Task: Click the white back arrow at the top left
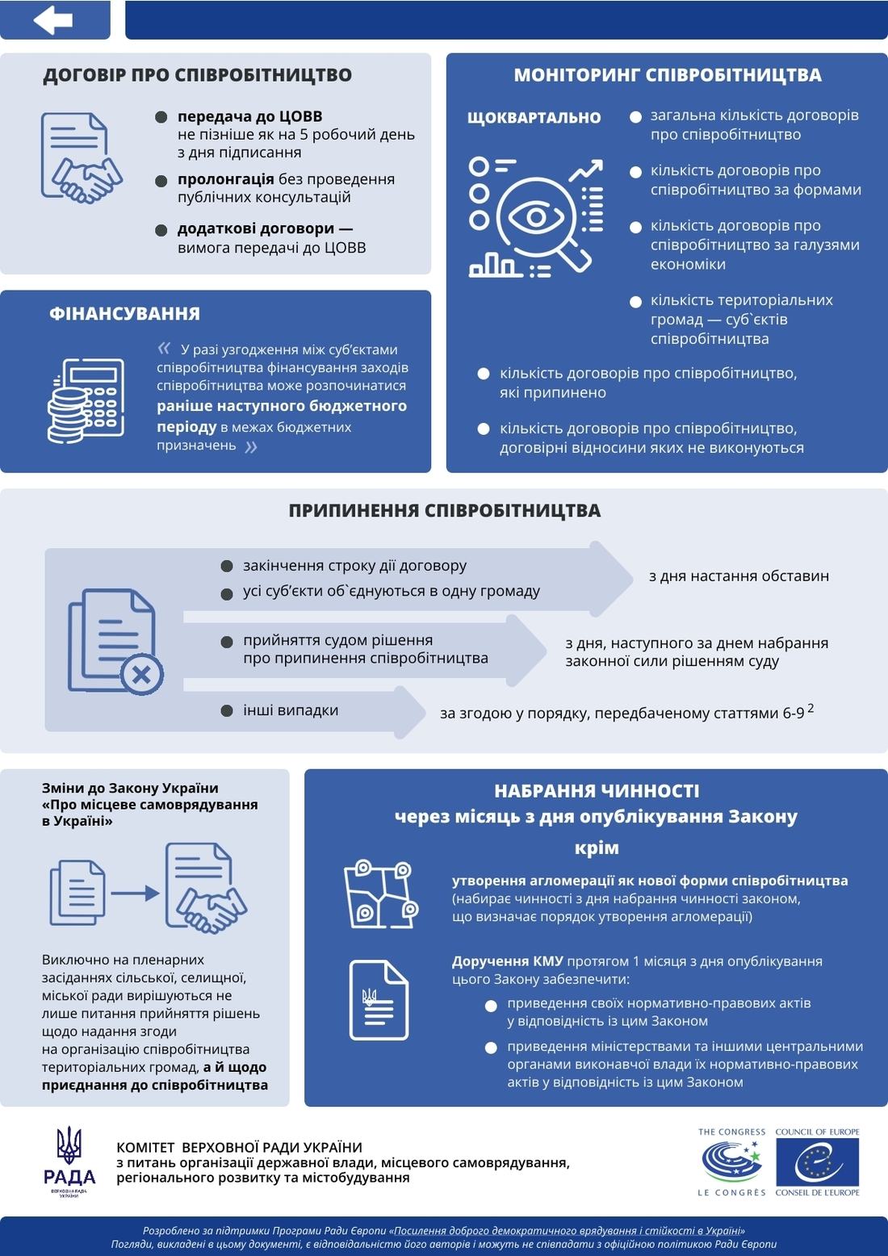click(x=53, y=20)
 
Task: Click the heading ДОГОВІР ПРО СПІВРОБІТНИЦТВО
click(x=197, y=75)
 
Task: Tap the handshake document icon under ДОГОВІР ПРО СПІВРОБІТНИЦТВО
click(x=81, y=158)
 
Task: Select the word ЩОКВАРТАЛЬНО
click(x=534, y=118)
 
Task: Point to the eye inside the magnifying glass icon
click(x=536, y=217)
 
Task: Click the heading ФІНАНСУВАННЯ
click(x=124, y=313)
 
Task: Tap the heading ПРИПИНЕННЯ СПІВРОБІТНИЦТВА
click(x=444, y=511)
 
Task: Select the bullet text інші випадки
click(x=291, y=710)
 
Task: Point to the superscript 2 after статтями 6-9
click(x=811, y=708)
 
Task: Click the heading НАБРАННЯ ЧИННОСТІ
click(x=597, y=791)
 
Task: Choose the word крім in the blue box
click(x=597, y=848)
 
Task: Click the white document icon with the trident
click(x=379, y=999)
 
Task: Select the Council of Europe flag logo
click(x=817, y=1162)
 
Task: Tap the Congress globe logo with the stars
click(x=731, y=1162)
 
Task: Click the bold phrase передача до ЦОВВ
click(x=249, y=116)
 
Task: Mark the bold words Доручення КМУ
click(x=507, y=961)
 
